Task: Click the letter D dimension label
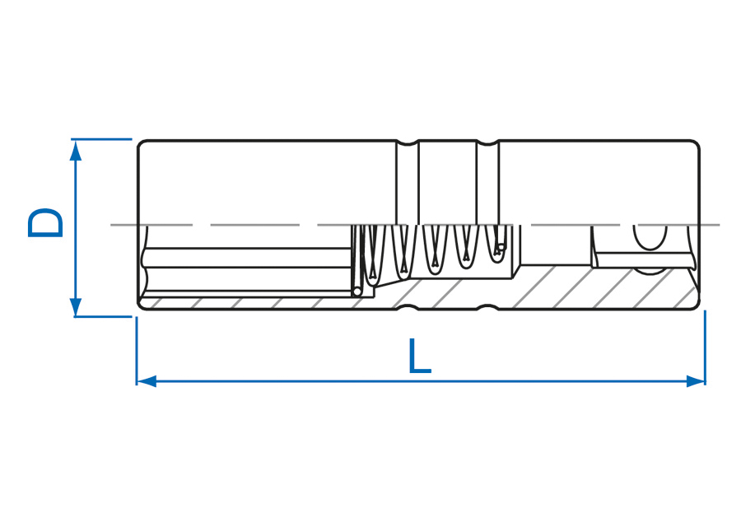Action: pyautogui.click(x=45, y=222)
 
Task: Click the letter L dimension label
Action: pyautogui.click(x=420, y=356)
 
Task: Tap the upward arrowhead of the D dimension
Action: pyautogui.click(x=76, y=151)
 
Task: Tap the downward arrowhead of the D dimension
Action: pyautogui.click(x=76, y=307)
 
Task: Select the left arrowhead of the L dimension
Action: pyautogui.click(x=147, y=381)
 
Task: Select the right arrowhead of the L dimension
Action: pyautogui.click(x=695, y=381)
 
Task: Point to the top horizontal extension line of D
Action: pyautogui.click(x=101, y=139)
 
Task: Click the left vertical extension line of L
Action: pyautogui.click(x=137, y=350)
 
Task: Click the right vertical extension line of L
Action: pyautogui.click(x=705, y=347)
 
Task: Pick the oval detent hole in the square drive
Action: pyautogui.click(x=650, y=237)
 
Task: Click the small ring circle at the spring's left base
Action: pyautogui.click(x=358, y=291)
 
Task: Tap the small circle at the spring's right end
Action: pyautogui.click(x=501, y=246)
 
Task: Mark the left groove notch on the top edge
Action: pyautogui.click(x=408, y=142)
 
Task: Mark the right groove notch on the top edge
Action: pyautogui.click(x=487, y=142)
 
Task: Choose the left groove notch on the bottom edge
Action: pyautogui.click(x=408, y=308)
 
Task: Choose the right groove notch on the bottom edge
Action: pyautogui.click(x=487, y=308)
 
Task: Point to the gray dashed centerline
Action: pyautogui.click(x=415, y=225)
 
